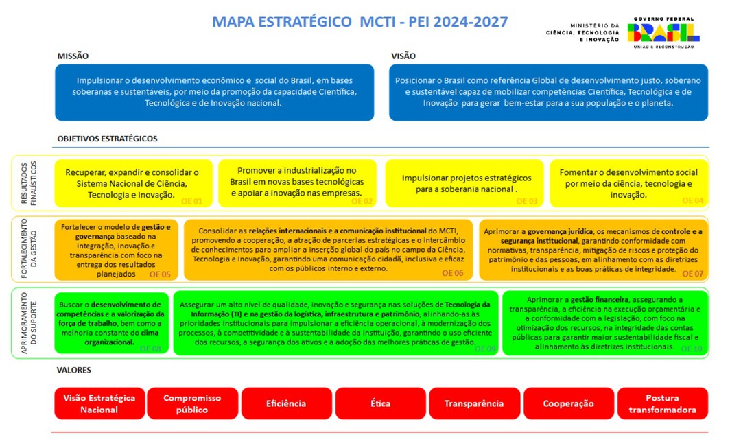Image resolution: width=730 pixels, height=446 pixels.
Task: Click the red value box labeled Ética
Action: coord(381,403)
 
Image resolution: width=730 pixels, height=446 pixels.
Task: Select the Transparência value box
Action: coord(474,403)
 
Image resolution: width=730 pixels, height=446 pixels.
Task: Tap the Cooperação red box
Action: coord(568,403)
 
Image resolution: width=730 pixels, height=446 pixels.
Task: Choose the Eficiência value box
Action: coord(286,403)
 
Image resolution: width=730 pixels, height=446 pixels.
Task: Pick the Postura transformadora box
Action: coord(662,403)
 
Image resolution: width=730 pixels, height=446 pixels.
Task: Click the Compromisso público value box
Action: coord(192,403)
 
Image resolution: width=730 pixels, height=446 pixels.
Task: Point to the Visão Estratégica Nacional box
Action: coord(99,403)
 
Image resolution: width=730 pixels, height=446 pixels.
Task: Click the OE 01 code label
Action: coord(192,202)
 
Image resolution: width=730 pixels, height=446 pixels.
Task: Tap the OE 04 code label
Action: coord(693,201)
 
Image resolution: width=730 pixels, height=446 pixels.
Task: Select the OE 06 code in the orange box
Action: coord(452,273)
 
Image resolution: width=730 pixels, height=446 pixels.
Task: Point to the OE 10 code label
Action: coord(692,349)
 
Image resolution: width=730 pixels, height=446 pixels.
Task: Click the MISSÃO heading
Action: coord(73,56)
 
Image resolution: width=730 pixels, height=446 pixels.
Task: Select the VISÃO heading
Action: coord(403,56)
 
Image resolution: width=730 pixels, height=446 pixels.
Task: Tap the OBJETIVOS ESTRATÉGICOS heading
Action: coord(107,139)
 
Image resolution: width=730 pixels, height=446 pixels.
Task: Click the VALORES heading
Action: coord(74,371)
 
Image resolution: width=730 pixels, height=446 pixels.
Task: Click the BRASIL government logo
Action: coord(663,32)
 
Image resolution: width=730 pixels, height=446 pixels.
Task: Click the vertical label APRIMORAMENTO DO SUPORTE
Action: coord(24,322)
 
